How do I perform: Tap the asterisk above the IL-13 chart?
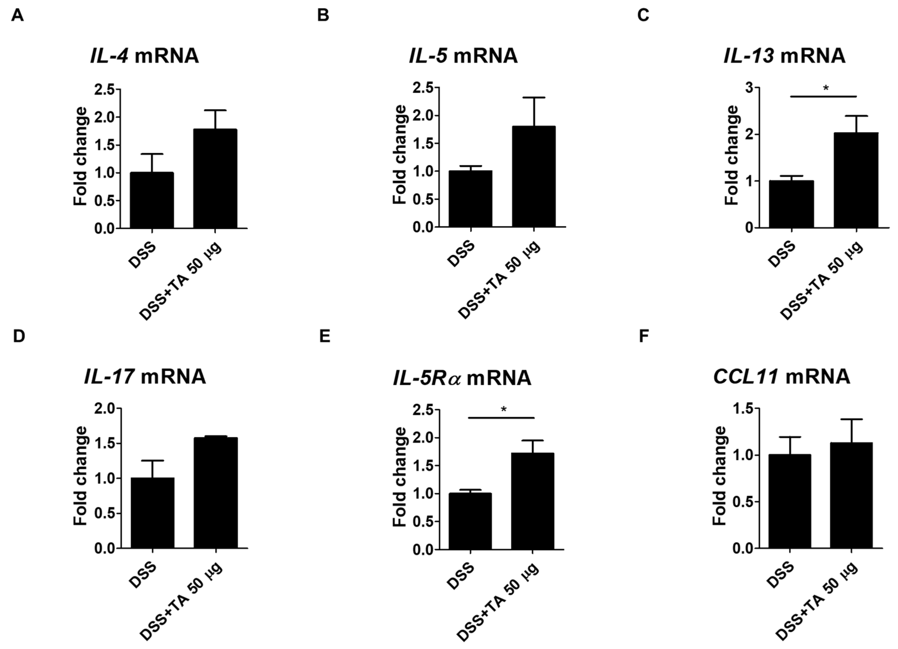point(825,88)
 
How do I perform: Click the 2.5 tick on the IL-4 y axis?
point(104,90)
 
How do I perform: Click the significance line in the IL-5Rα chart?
point(501,417)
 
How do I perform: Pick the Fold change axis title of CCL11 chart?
point(719,476)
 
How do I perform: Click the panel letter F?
point(644,336)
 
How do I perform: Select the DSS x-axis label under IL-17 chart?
point(143,574)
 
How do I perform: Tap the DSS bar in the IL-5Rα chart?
point(470,521)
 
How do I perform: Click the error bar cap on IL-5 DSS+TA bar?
point(534,97)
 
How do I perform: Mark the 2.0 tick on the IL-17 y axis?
point(104,408)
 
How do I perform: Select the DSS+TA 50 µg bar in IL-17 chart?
point(216,493)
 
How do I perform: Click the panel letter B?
point(323,15)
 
